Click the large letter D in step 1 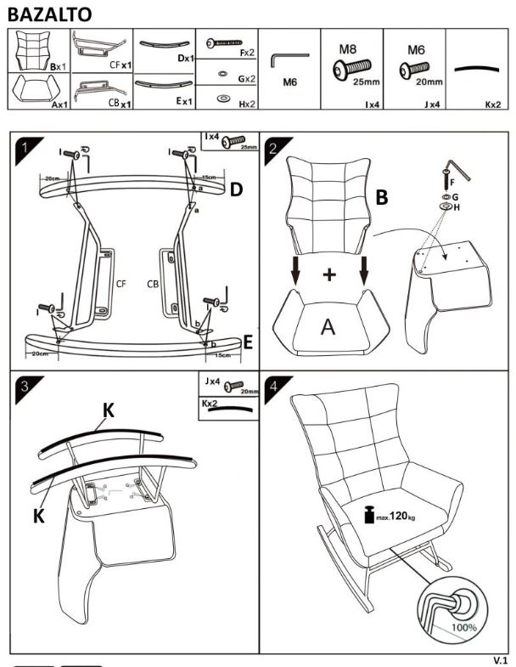point(238,189)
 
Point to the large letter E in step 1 point(248,342)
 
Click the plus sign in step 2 point(329,274)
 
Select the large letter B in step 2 point(382,198)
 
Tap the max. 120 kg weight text point(394,516)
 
